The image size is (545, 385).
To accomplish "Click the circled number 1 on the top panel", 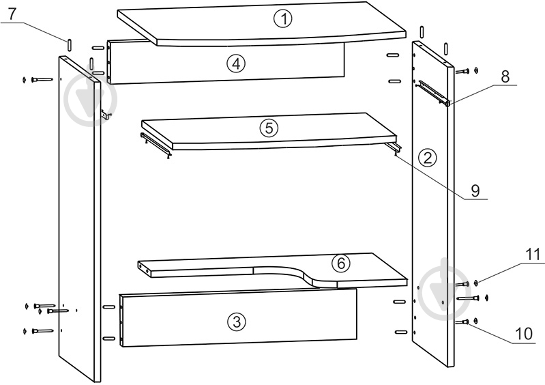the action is (x=284, y=19).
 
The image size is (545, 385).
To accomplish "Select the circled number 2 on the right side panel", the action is (x=427, y=158).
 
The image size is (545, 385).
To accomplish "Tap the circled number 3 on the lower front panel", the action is (x=237, y=322).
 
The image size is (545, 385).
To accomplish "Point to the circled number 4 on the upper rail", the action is (x=236, y=63).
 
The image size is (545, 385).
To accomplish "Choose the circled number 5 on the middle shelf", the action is (x=269, y=128).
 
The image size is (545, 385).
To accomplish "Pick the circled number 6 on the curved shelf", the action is (x=340, y=263).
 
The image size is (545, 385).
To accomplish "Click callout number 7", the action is (x=12, y=14).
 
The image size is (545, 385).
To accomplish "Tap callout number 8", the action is (x=505, y=76).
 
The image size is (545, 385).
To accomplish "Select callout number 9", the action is (x=475, y=190).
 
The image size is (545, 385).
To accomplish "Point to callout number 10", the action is (x=524, y=334).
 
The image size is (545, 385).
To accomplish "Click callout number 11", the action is (x=532, y=255).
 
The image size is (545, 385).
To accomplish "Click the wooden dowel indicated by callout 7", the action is (x=69, y=45).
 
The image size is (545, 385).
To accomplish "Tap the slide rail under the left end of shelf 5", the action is (x=156, y=145).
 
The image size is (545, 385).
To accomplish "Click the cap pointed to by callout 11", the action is (x=476, y=283).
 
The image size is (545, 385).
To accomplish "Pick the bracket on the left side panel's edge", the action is (x=105, y=115).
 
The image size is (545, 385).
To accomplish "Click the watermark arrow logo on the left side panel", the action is (x=90, y=99).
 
